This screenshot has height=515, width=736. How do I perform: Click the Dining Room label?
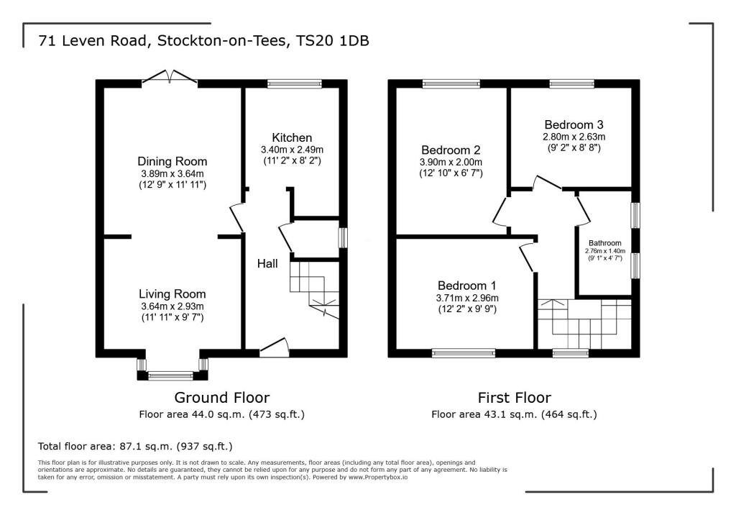(x=172, y=161)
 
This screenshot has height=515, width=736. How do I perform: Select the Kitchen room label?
(x=292, y=137)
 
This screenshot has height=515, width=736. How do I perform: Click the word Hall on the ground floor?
(x=267, y=264)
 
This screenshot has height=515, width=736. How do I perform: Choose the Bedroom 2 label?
(x=451, y=150)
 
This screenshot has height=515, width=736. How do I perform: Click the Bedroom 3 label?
(x=574, y=123)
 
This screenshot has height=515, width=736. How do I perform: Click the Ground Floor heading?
(x=222, y=397)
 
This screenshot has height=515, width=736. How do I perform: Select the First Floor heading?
(x=514, y=397)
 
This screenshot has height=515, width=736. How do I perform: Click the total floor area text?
(x=135, y=446)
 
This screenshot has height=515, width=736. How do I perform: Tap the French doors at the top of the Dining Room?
(x=170, y=78)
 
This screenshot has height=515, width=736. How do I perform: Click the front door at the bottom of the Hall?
(x=274, y=350)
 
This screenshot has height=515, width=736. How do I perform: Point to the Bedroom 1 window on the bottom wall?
(x=463, y=353)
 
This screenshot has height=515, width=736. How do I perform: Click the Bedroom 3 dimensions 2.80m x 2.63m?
(x=574, y=137)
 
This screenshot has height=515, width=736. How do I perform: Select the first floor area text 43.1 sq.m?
(x=514, y=414)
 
